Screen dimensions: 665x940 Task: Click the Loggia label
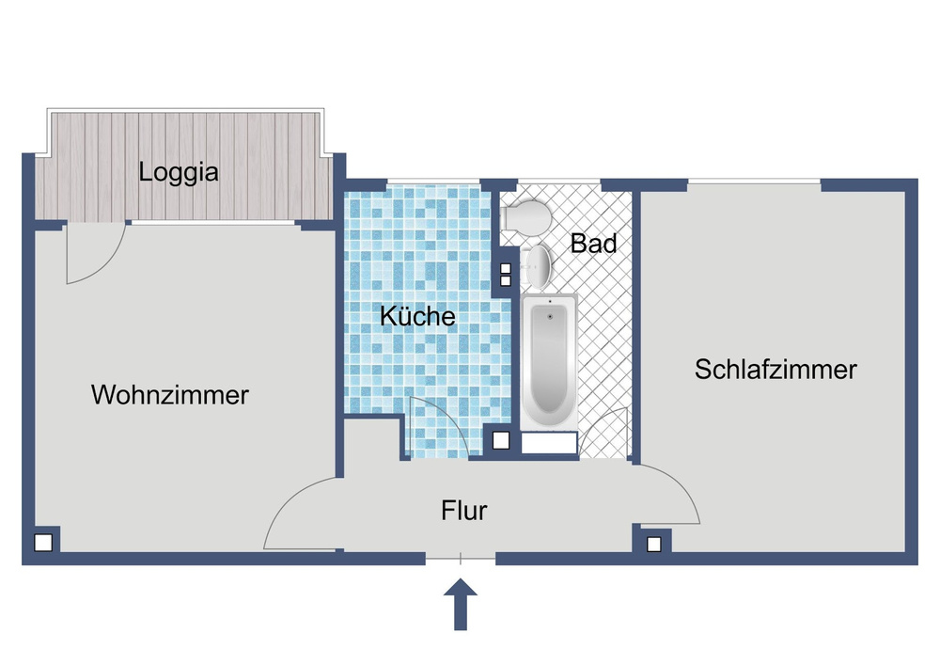[179, 173]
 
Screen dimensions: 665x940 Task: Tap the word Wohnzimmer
[170, 395]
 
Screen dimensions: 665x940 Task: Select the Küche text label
[417, 317]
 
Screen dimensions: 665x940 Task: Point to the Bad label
[594, 244]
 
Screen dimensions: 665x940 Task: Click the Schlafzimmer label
[775, 370]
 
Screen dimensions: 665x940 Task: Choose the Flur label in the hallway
[464, 512]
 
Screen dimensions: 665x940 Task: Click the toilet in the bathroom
[525, 217]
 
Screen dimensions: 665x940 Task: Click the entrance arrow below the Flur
[461, 604]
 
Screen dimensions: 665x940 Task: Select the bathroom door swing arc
[603, 435]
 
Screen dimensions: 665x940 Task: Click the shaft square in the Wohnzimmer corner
[42, 543]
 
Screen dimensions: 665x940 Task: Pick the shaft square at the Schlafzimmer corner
[653, 543]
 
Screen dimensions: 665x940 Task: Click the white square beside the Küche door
[502, 439]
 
